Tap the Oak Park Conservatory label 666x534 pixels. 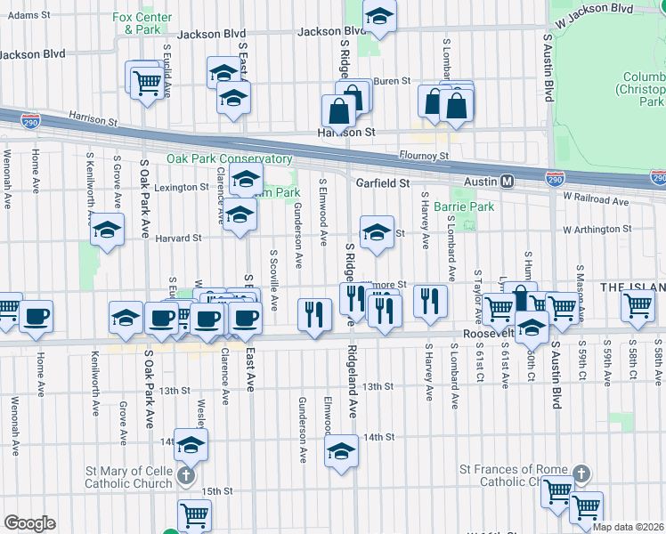[x=230, y=158]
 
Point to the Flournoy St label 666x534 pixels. [x=424, y=156]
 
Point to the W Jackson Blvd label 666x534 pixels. [x=595, y=7]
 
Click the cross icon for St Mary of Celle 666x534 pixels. [x=187, y=476]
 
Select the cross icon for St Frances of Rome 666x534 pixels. [x=581, y=474]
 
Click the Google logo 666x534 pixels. [x=29, y=523]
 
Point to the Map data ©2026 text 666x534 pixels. [x=629, y=526]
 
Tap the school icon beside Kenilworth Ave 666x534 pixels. [x=108, y=231]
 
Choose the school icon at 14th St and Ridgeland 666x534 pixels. [x=341, y=450]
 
